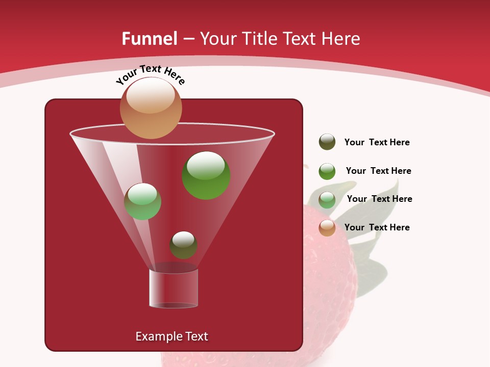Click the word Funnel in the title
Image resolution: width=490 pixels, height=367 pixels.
[x=149, y=39]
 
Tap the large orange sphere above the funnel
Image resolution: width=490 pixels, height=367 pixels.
[x=151, y=108]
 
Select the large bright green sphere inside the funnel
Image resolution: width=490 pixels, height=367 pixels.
[x=206, y=175]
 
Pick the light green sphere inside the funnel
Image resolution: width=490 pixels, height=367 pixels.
[x=142, y=201]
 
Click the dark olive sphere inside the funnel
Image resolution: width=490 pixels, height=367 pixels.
[x=183, y=245]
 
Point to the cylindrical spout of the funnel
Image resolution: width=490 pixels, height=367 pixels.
[x=173, y=289]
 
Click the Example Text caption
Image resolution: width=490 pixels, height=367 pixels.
[x=171, y=336]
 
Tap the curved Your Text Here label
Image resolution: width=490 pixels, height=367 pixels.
[x=150, y=74]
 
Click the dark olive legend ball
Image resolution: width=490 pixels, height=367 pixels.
[x=327, y=142]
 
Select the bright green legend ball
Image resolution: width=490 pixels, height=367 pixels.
[x=327, y=171]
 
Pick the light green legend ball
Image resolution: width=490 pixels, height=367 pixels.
[x=327, y=199]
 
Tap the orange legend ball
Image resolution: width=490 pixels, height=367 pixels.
[x=327, y=228]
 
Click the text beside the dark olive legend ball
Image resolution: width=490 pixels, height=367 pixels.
[x=377, y=143]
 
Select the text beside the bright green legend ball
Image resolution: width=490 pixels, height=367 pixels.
[x=378, y=171]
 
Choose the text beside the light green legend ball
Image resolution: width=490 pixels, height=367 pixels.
[x=379, y=199]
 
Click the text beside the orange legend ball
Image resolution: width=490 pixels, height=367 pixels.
[x=377, y=228]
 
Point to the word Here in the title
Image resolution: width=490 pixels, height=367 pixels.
[x=341, y=39]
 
